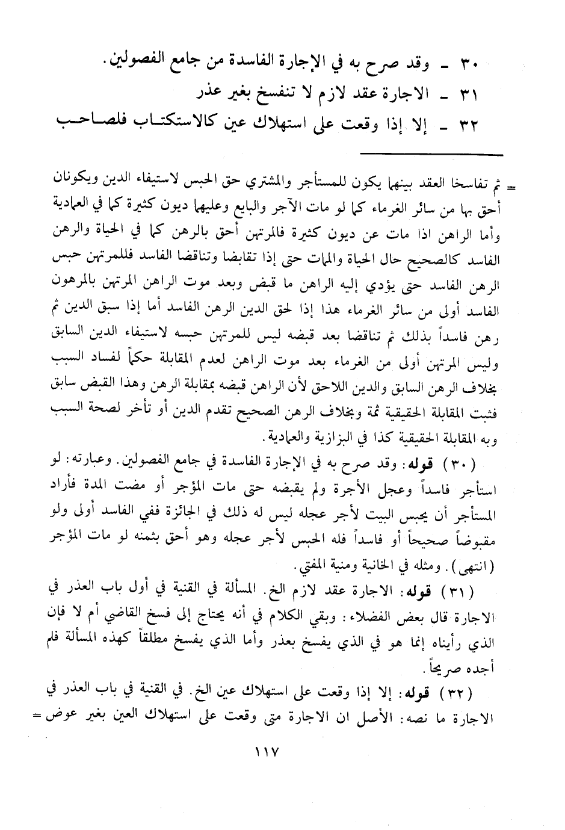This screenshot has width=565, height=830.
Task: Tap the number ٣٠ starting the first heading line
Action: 468,62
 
